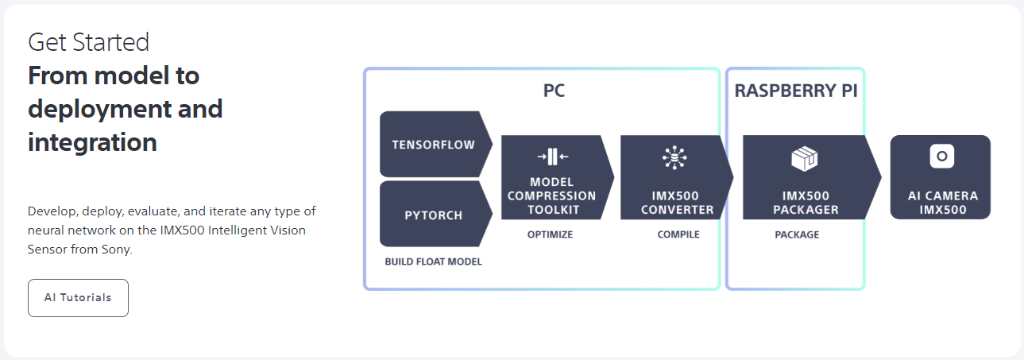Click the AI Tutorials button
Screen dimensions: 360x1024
[x=78, y=298]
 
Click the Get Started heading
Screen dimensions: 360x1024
[x=88, y=42]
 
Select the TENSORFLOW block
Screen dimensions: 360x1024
[x=433, y=145]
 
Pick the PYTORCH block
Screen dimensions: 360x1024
[x=433, y=215]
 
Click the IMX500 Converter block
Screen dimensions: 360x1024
[x=677, y=203]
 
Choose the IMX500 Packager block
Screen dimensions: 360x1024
[x=806, y=203]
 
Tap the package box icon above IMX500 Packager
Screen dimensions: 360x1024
[x=805, y=159]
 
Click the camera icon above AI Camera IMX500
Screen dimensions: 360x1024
[x=941, y=157]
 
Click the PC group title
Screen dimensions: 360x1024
[x=554, y=91]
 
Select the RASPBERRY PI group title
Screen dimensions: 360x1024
[x=795, y=91]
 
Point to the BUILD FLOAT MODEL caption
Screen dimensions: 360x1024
[x=433, y=261]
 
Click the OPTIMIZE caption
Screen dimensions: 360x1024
[x=550, y=234]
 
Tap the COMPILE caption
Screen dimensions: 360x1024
[x=678, y=234]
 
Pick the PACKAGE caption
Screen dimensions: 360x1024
[x=797, y=234]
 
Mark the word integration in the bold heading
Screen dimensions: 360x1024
[x=92, y=143]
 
